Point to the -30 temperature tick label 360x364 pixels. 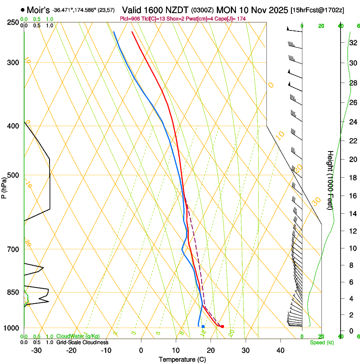tap(36, 350)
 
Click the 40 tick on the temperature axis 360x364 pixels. tap(280, 350)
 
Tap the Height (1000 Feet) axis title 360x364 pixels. tap(330, 180)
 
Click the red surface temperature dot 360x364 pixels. tap(222, 326)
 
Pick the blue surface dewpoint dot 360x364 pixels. tap(203, 326)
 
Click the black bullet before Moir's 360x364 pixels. tap(22, 9)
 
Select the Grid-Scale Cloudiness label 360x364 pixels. tap(82, 342)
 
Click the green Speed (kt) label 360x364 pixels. tap(321, 342)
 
